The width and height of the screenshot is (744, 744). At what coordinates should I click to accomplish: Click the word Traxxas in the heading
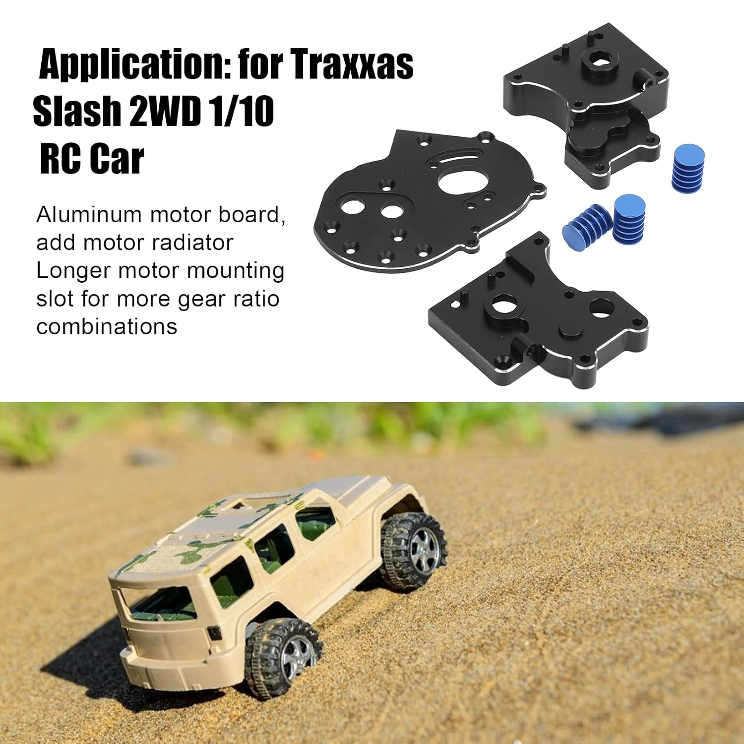point(352,64)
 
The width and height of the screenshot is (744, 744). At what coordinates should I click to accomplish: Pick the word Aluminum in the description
point(89,215)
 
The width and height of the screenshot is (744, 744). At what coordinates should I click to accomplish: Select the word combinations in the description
point(107,327)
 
